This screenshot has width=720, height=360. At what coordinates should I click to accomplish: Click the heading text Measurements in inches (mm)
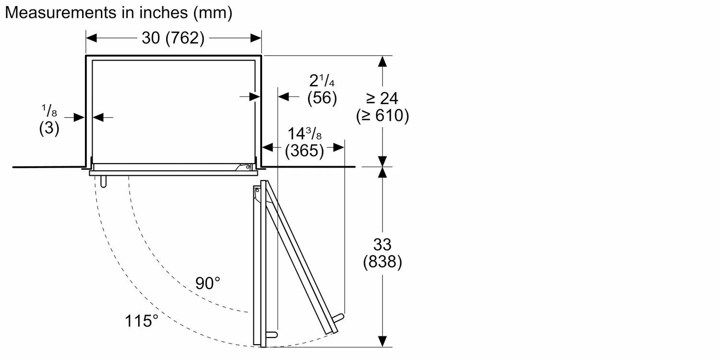click(x=119, y=13)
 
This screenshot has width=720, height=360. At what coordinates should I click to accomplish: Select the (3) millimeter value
click(x=49, y=129)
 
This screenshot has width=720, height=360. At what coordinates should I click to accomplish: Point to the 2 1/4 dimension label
click(x=322, y=80)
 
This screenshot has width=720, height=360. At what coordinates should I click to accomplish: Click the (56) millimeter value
click(x=322, y=98)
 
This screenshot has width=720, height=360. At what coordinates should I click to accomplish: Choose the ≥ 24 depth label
click(x=382, y=98)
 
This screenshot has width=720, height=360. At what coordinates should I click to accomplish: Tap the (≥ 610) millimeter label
click(x=382, y=116)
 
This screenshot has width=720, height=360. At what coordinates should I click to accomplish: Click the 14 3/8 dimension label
click(x=304, y=134)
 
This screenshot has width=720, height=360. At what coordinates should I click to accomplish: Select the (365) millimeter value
click(x=304, y=151)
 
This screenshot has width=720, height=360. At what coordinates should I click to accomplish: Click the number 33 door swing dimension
click(x=382, y=244)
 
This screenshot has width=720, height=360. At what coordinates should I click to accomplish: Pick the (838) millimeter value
click(x=382, y=262)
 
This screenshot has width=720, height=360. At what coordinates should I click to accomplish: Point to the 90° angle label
click(x=207, y=283)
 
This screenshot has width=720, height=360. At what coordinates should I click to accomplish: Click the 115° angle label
click(x=142, y=320)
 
